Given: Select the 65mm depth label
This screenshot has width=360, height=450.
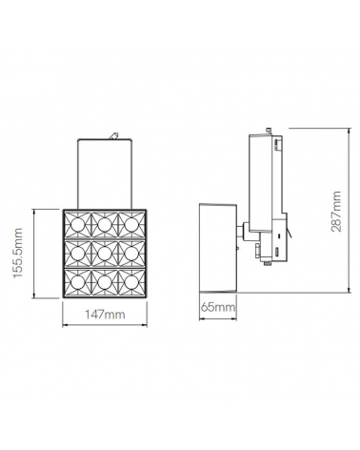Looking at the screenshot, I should click(x=218, y=308).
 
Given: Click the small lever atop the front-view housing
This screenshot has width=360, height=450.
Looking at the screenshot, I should click(x=115, y=136).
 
